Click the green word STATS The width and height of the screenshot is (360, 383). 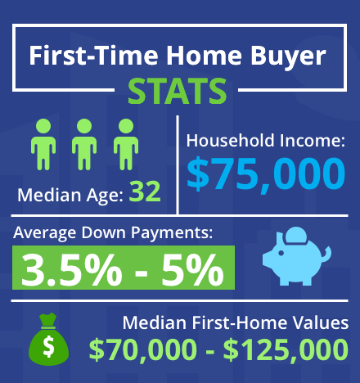[178, 91]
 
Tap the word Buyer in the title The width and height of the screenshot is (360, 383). [288, 56]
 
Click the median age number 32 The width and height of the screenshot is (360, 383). [145, 191]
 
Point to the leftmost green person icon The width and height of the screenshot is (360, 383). [43, 144]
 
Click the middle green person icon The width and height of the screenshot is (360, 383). [84, 144]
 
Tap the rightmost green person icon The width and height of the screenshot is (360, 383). [126, 144]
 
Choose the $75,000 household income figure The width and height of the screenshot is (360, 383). [266, 174]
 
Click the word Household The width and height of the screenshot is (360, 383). [230, 141]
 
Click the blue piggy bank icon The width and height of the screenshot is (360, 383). [297, 256]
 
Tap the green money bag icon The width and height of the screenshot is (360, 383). [48, 339]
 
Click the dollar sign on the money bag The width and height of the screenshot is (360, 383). [48, 346]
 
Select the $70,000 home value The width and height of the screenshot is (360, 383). [143, 349]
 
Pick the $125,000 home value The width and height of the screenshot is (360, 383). [286, 349]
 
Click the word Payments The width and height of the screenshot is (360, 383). [172, 233]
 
